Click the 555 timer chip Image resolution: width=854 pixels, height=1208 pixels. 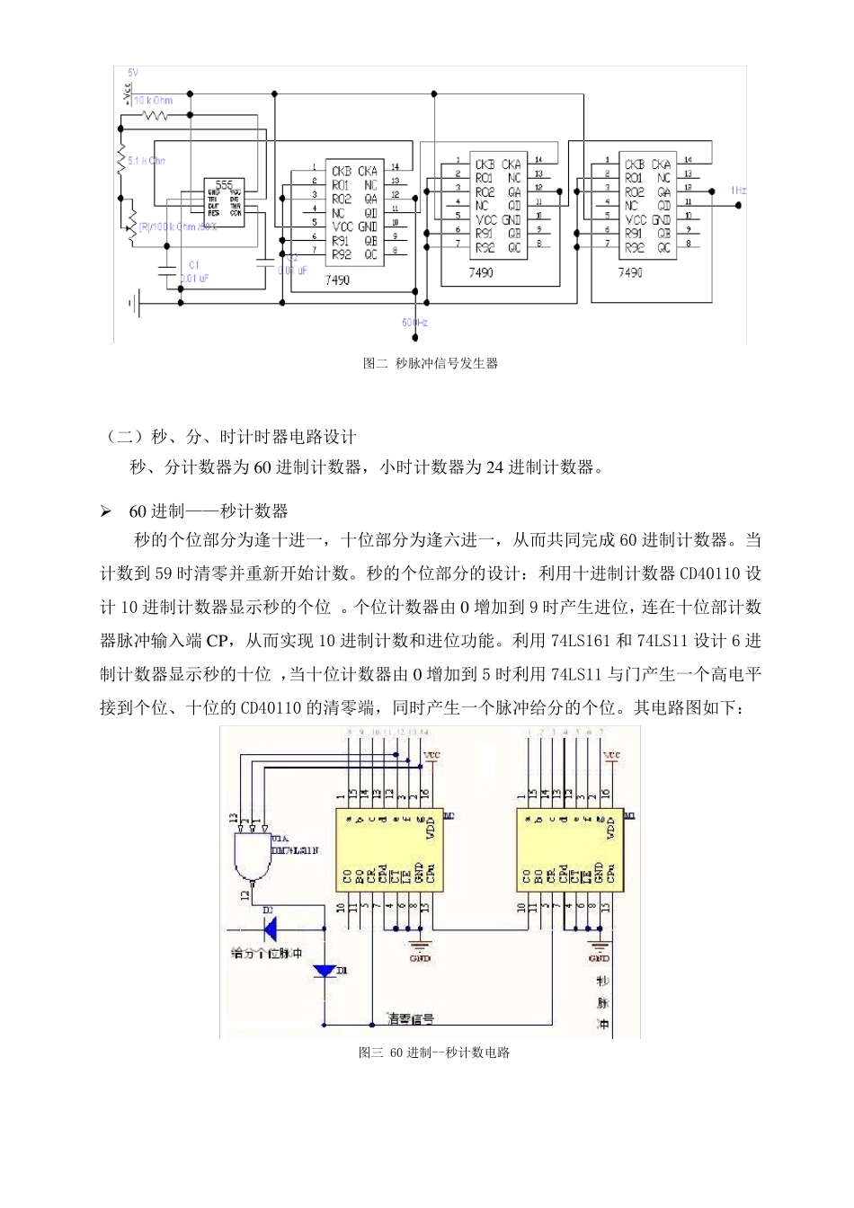click(225, 200)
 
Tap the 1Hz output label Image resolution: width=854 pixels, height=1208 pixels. click(737, 191)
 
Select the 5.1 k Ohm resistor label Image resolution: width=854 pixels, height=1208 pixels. click(146, 161)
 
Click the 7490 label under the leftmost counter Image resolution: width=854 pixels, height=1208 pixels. click(337, 280)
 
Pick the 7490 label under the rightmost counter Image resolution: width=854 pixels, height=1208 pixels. click(630, 272)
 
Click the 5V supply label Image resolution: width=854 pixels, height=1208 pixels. click(133, 72)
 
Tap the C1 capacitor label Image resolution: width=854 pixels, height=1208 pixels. click(192, 265)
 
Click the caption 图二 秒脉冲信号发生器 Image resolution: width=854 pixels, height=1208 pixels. click(430, 364)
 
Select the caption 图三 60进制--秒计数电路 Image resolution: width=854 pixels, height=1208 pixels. click(434, 1052)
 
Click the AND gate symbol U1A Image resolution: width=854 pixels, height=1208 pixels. click(251, 854)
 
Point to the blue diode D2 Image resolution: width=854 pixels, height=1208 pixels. click(268, 927)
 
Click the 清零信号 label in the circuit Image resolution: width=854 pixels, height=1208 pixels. click(411, 1018)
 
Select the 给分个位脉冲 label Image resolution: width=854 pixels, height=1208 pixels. click(267, 952)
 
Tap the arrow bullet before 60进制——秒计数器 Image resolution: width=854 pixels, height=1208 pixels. click(107, 511)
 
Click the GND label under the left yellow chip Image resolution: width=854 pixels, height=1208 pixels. click(420, 958)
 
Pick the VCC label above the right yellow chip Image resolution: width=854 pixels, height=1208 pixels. click(612, 755)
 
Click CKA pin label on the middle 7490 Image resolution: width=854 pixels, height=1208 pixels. click(512, 164)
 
